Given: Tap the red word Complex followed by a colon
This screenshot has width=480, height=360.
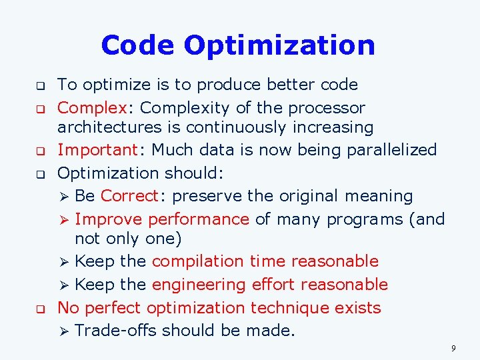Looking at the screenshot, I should pyautogui.click(x=92, y=108).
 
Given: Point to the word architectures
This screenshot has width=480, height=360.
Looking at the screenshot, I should pyautogui.click(x=107, y=127).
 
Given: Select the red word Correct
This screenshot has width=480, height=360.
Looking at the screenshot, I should pyautogui.click(x=129, y=196).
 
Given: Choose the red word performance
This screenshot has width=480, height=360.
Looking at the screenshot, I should pyautogui.click(x=199, y=219).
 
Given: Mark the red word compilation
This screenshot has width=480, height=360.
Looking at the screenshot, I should pyautogui.click(x=193, y=261).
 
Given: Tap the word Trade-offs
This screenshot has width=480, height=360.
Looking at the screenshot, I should pyautogui.click(x=116, y=331).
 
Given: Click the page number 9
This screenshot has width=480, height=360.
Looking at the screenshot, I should pyautogui.click(x=453, y=348).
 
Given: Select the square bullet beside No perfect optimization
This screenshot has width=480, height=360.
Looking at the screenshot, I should pyautogui.click(x=39, y=309).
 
